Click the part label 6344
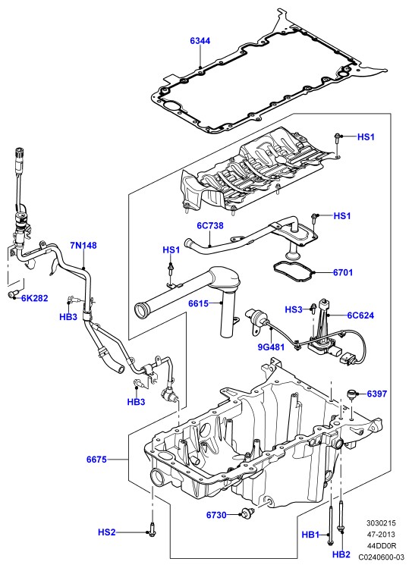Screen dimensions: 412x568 tap(200, 41)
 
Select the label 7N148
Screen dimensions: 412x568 tap(83, 246)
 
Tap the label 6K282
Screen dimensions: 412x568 tap(34, 298)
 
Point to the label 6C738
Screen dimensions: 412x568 tap(210, 226)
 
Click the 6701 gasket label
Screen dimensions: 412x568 tap(343, 272)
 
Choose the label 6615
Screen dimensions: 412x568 tap(198, 303)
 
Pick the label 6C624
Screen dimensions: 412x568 tap(360, 315)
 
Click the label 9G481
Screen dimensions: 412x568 tap(271, 347)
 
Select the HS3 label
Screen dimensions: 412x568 tap(294, 309)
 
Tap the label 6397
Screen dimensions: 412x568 tap(377, 394)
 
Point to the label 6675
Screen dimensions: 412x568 tap(96, 460)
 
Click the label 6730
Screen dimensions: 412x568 tap(216, 515)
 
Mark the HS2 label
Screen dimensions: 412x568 tap(106, 532)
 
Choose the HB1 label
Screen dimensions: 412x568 tap(310, 535)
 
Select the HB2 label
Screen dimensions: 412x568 tap(341, 554)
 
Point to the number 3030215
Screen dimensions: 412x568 tap(381, 523)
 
